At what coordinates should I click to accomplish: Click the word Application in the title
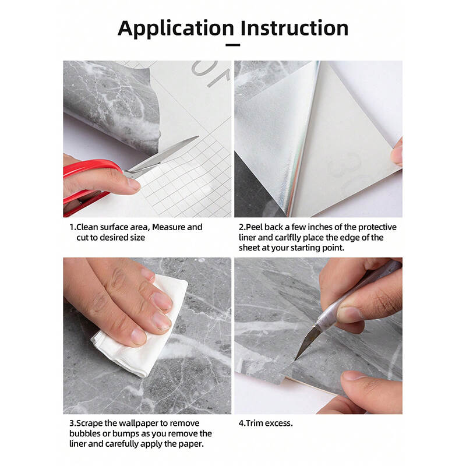pyautogui.click(x=176, y=29)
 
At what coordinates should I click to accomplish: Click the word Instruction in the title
pyautogui.click(x=294, y=28)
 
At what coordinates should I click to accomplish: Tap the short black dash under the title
pyautogui.click(x=232, y=45)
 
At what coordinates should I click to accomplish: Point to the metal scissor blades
pyautogui.click(x=162, y=157)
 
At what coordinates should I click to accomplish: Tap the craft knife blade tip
pyautogui.click(x=295, y=359)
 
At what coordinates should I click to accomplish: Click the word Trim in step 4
pyautogui.click(x=254, y=423)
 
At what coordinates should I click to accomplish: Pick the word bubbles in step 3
pyautogui.click(x=84, y=433)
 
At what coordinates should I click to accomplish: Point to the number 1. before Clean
pyautogui.click(x=72, y=227)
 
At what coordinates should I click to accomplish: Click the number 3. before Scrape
pyautogui.click(x=73, y=423)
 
